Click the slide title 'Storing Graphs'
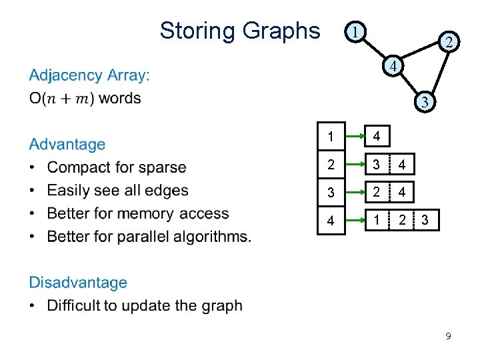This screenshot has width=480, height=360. [239, 31]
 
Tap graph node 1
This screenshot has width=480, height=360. [357, 31]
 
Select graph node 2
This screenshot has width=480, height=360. [450, 42]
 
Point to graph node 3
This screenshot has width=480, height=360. [425, 102]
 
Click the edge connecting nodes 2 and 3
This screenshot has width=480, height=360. [440, 73]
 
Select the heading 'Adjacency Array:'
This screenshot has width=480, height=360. [89, 75]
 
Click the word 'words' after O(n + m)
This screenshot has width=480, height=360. [120, 98]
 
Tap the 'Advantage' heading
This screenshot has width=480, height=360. [67, 144]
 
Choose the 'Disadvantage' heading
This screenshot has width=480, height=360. [78, 283]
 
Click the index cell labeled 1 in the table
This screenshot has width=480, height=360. [331, 137]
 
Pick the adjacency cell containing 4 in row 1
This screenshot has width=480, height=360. [377, 137]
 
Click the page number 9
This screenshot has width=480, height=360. [448, 337]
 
